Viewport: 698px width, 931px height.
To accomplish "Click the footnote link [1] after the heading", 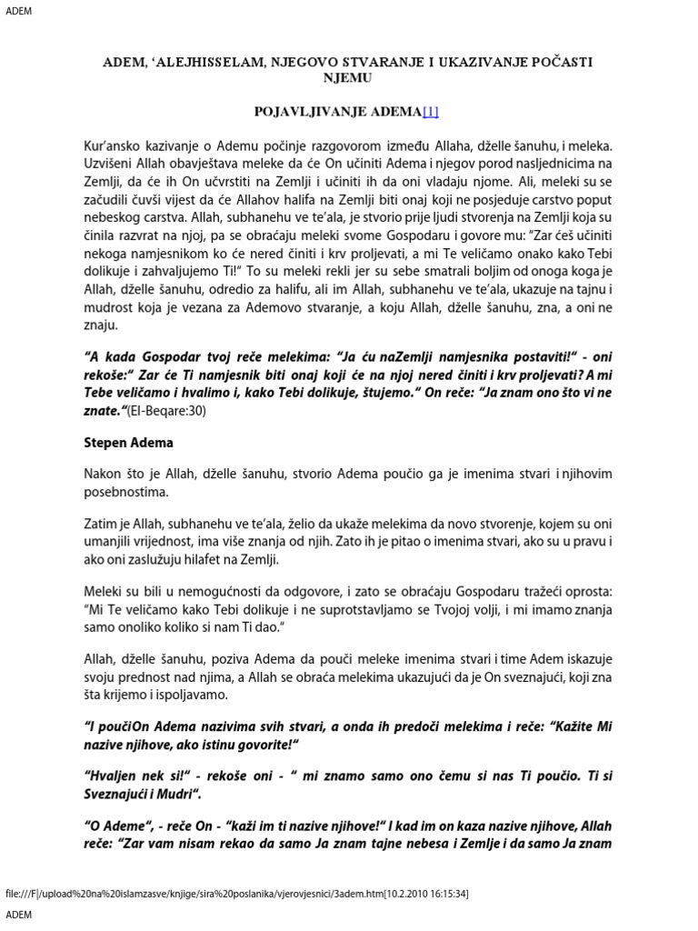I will point(430,112).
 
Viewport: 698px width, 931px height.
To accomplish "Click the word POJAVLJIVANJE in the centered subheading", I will point(304,112).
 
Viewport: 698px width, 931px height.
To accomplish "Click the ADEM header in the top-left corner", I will point(18,10).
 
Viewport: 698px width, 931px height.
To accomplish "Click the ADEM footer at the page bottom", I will point(18,916).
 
